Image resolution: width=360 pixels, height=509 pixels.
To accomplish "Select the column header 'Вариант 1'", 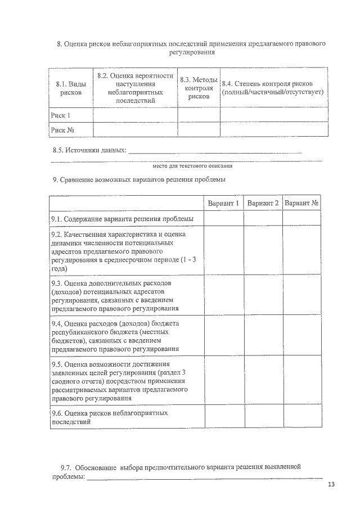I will (x=223, y=203).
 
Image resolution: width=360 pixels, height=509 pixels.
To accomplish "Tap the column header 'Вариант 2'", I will (x=263, y=203).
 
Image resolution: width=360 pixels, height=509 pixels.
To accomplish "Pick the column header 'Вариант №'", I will (x=302, y=203).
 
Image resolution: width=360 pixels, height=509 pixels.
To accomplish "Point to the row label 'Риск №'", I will (x=62, y=130).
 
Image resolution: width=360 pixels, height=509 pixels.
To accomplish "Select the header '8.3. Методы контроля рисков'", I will (x=199, y=88).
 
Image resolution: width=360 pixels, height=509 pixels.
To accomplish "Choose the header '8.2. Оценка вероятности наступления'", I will (x=135, y=88).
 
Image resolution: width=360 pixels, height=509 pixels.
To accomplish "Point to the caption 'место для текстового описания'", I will (x=192, y=166).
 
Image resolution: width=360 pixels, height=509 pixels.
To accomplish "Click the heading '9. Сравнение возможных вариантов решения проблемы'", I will (x=139, y=180).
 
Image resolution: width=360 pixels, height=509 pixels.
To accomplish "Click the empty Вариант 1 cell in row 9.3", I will (x=223, y=295).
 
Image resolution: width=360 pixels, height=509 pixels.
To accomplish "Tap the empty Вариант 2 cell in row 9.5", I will (x=263, y=380).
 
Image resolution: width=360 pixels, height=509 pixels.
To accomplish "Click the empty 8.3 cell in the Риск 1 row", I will (x=199, y=115).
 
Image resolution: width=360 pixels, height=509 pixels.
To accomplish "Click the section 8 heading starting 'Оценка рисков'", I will (x=192, y=47).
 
